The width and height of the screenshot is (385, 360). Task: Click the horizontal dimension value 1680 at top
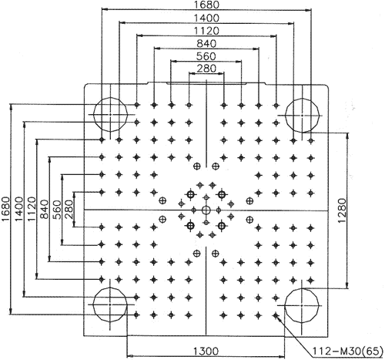(x=206, y=5)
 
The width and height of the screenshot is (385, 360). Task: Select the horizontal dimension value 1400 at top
(x=206, y=19)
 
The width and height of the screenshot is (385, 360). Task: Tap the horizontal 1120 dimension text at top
(x=206, y=31)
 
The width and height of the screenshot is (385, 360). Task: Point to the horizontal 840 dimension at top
(x=206, y=43)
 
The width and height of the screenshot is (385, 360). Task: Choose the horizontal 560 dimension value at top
(x=206, y=56)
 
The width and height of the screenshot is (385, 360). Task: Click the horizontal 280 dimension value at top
(x=206, y=69)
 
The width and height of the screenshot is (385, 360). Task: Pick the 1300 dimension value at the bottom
(x=206, y=351)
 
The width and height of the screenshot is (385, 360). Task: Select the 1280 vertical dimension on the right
(x=342, y=210)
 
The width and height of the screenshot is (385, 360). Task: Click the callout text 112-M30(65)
(x=347, y=351)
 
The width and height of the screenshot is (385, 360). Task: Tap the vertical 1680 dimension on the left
(x=5, y=209)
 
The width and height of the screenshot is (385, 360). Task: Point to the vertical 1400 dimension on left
(x=18, y=209)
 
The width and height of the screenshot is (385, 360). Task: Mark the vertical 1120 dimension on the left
(x=32, y=209)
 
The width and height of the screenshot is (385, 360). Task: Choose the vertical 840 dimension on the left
(x=45, y=209)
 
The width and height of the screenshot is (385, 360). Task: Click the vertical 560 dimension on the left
(x=57, y=210)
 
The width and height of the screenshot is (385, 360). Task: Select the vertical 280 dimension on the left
(x=69, y=209)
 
